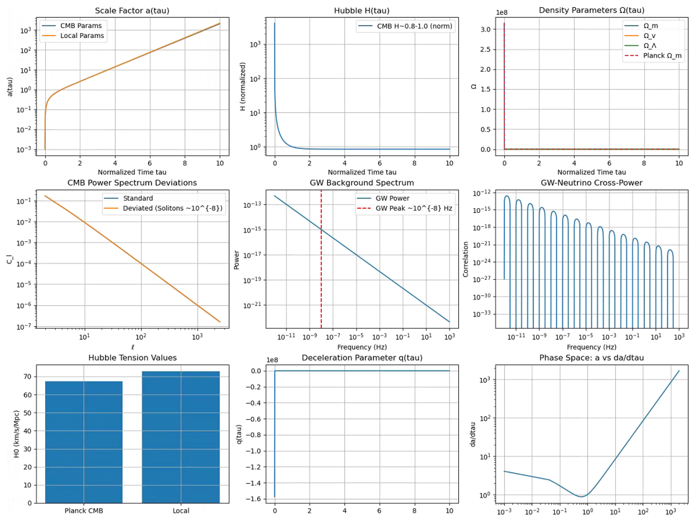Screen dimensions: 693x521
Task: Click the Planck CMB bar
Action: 84,442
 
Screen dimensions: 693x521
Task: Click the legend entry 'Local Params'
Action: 73,36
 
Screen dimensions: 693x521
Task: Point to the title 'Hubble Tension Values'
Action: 133,358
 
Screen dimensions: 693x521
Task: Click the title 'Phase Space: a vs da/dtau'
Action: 591,358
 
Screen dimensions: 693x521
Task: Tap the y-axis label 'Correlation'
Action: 466,259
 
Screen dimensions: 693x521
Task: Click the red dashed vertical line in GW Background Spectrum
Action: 321,259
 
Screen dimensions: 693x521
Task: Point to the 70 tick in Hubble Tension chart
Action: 28,377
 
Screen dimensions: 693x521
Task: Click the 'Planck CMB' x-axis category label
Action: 84,511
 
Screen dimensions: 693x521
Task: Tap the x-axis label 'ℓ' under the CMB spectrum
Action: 133,347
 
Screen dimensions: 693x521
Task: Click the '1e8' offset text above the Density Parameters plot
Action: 502,13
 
